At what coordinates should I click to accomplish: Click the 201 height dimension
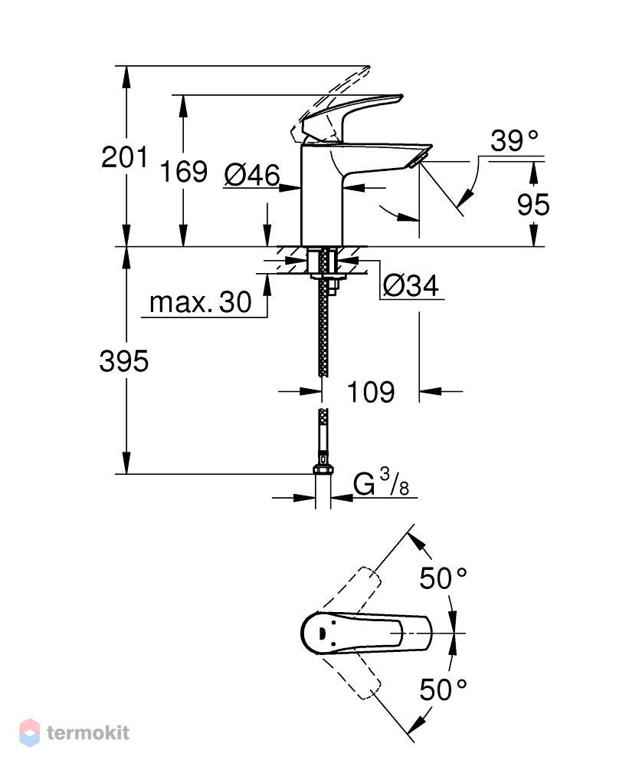click(x=124, y=157)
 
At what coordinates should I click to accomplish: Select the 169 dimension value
click(x=184, y=171)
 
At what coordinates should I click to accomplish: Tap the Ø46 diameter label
click(x=252, y=175)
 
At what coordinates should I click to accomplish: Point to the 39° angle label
click(x=514, y=141)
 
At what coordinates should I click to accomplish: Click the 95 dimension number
click(x=533, y=205)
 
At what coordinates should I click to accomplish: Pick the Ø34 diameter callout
click(x=411, y=285)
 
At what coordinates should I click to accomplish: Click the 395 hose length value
click(x=123, y=361)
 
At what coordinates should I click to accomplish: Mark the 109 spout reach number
click(x=370, y=392)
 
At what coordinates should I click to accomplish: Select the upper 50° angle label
click(x=443, y=578)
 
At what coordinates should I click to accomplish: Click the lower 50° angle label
click(x=443, y=690)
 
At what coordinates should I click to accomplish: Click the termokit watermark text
click(x=88, y=732)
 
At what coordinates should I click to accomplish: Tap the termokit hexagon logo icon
click(x=29, y=732)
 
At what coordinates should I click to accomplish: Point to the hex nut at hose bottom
click(x=323, y=469)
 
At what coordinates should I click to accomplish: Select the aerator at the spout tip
click(x=418, y=160)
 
